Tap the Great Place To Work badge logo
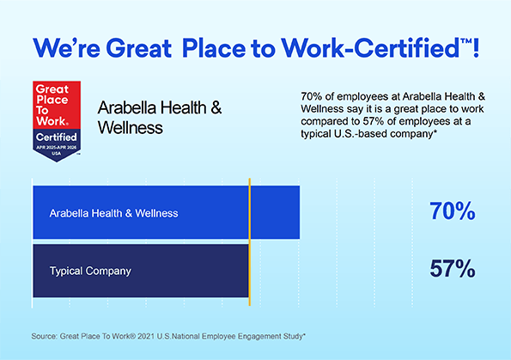(57, 121)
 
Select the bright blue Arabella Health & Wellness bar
(167, 212)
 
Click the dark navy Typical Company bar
(141, 271)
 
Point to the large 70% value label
(453, 211)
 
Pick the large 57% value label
(453, 269)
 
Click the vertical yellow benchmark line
(250, 242)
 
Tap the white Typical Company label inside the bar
(90, 271)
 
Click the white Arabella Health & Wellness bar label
(113, 213)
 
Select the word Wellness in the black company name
(131, 127)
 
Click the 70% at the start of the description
(311, 96)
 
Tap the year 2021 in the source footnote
(146, 336)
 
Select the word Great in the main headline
(138, 48)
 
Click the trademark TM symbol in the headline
(466, 42)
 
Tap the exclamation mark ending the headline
(476, 48)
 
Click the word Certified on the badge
(57, 137)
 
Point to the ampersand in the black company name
(216, 107)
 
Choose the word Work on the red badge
(52, 121)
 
